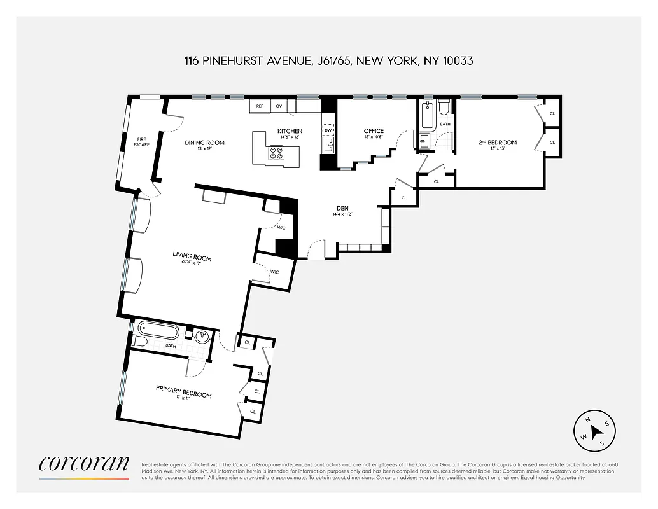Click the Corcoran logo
coord(84,464)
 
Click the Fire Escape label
coord(141,143)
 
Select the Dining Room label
coord(205,143)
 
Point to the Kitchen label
coord(290,131)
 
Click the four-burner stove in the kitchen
coord(277,153)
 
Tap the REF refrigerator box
coord(260,106)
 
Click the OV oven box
coord(279,106)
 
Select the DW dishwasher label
coord(328,130)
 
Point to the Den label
coord(342,207)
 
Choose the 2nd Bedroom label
coord(498,143)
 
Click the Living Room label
coord(192,257)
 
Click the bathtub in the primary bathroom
coord(158,333)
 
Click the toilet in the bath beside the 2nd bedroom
coord(444,106)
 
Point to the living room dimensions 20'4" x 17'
coord(192,263)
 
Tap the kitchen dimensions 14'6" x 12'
coord(290,137)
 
